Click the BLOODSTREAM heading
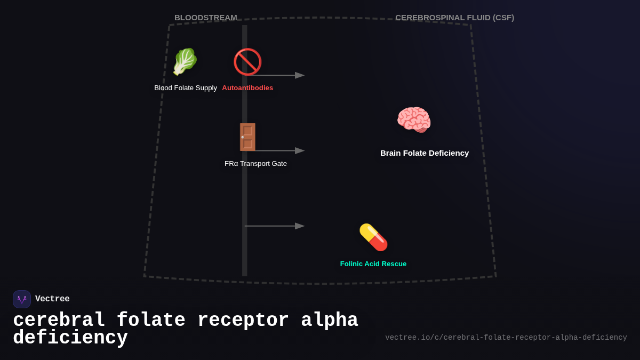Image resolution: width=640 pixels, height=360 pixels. (x=205, y=18)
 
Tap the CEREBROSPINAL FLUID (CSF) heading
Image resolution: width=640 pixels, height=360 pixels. (x=454, y=18)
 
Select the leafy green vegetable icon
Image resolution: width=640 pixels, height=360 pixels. (x=185, y=62)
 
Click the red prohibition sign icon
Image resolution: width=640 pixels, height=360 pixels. (x=247, y=62)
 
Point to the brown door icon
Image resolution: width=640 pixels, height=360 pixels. (x=247, y=137)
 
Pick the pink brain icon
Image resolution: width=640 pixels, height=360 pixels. (x=414, y=119)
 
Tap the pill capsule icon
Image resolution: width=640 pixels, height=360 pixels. (x=373, y=237)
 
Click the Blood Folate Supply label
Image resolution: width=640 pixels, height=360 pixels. (x=186, y=88)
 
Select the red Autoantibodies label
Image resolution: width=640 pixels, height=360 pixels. (x=247, y=88)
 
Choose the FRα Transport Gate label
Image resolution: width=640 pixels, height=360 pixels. (x=255, y=164)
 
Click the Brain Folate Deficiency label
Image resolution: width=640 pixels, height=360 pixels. (x=425, y=153)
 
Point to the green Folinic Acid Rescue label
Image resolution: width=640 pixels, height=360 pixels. (x=373, y=264)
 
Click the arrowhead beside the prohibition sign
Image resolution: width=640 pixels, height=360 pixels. (x=300, y=75)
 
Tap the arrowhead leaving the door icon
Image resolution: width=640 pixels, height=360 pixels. (x=300, y=151)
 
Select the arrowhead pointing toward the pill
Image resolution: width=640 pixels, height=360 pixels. (x=300, y=226)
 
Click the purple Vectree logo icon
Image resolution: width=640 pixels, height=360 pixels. (x=22, y=299)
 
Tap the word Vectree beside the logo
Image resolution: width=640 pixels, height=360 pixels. (x=52, y=299)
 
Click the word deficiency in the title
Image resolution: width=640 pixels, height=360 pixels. (x=70, y=338)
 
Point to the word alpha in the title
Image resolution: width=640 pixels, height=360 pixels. (x=329, y=321)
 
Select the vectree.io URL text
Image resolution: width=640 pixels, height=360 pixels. (x=506, y=338)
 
